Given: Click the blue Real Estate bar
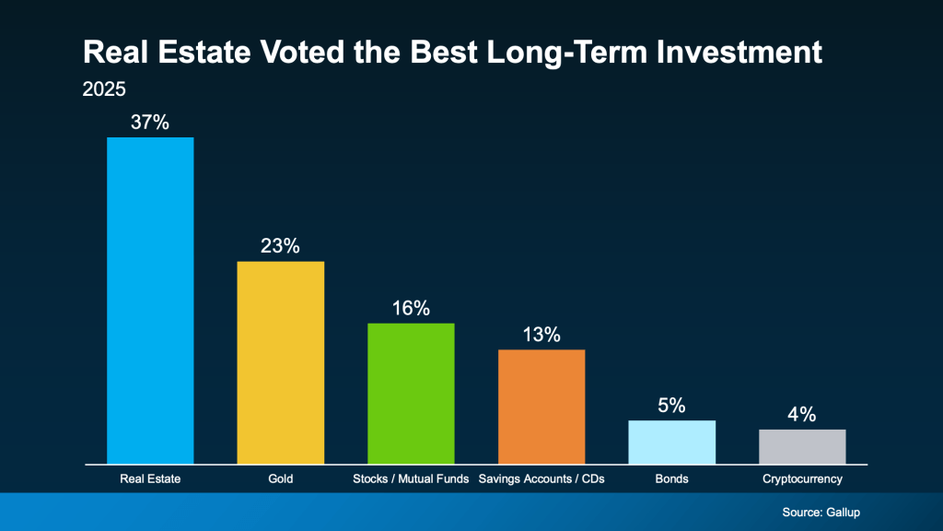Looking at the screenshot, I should click(150, 301).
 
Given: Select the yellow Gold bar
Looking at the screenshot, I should click(281, 362).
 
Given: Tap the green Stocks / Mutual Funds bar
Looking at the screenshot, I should click(411, 394).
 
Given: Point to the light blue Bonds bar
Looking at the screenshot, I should click(671, 442).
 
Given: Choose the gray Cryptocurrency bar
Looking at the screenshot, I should click(802, 446).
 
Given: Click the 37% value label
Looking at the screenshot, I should click(150, 122).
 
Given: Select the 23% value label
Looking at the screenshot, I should click(281, 246).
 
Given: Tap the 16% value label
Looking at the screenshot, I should click(411, 308).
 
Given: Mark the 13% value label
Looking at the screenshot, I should click(541, 335).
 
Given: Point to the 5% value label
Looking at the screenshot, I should click(671, 405).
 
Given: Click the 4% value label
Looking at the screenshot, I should click(802, 414).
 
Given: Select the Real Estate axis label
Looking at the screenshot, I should click(150, 479).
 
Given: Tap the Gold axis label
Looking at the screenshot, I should click(281, 479).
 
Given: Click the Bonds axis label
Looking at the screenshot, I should click(671, 479).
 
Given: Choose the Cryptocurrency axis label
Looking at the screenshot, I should click(802, 479).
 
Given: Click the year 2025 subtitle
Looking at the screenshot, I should click(103, 90).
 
